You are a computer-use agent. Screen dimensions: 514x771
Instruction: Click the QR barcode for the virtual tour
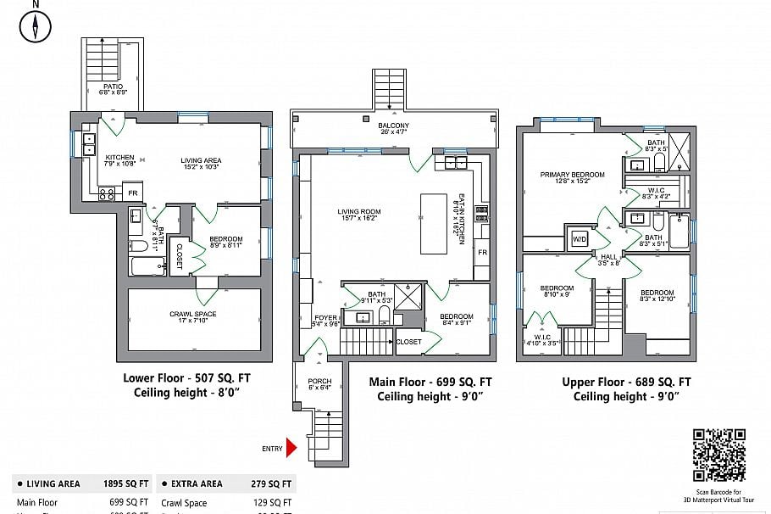(x=719, y=455)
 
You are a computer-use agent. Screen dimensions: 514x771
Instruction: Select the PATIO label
(x=114, y=87)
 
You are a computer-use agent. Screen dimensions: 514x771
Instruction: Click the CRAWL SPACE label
(x=192, y=315)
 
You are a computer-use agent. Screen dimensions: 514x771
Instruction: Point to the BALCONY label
(x=393, y=126)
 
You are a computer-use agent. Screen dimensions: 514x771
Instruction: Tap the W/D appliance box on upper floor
(x=580, y=237)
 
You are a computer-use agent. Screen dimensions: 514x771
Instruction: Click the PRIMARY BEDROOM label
(x=572, y=176)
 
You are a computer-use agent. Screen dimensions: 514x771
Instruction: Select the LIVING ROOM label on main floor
(x=358, y=212)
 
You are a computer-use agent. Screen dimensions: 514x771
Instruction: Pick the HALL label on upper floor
(x=609, y=257)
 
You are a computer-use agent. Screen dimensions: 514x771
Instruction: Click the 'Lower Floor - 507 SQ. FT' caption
(x=186, y=377)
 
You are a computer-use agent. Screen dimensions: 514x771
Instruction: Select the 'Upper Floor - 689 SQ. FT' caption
(x=626, y=383)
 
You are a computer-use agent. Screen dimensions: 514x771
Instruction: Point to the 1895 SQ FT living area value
(x=125, y=483)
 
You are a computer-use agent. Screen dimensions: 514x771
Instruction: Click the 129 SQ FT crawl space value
(x=271, y=503)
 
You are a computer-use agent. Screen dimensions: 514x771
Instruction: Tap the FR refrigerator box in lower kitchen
(x=132, y=193)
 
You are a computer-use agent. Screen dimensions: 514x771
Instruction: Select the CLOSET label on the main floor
(x=408, y=342)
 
